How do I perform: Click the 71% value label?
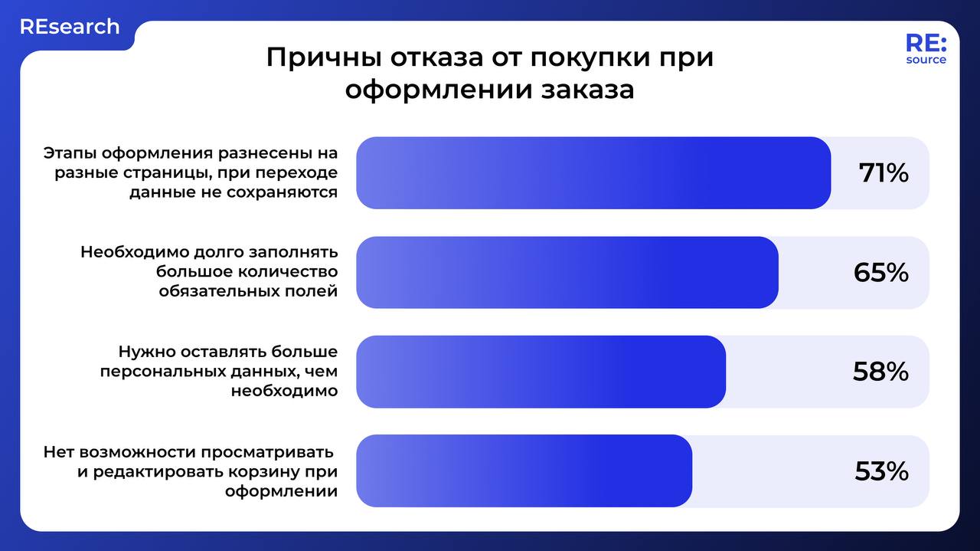[884, 173]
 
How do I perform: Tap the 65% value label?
[880, 273]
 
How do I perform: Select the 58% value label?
[880, 372]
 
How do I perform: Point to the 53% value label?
[881, 471]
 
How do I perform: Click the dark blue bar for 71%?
[593, 173]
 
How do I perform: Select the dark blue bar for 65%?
[567, 273]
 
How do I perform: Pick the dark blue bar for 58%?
[541, 372]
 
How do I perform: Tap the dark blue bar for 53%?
[524, 471]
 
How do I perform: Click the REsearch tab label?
[70, 27]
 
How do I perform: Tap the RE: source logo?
[926, 49]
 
